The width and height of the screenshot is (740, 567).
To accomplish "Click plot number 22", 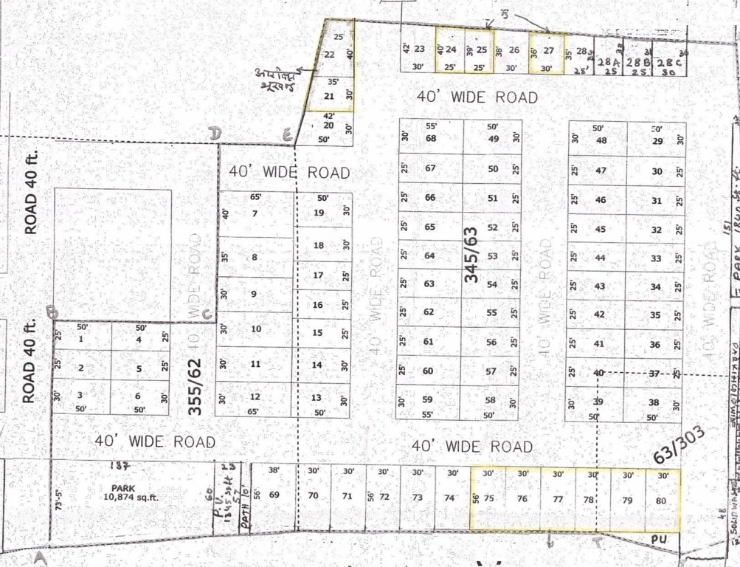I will click(x=330, y=55).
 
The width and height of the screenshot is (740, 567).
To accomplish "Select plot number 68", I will click(x=431, y=139).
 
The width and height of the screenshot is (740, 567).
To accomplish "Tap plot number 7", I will click(x=255, y=214).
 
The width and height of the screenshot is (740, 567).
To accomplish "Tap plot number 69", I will click(x=274, y=494).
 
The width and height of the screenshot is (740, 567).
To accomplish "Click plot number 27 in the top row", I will click(x=548, y=50).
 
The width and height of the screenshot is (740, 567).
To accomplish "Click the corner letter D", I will click(x=215, y=133).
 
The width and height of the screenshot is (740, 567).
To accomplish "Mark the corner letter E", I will click(x=287, y=134).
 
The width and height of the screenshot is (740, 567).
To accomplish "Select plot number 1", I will click(x=80, y=340).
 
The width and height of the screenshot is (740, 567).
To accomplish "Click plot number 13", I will click(x=316, y=398).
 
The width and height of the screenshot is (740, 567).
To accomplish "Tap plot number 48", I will click(x=601, y=141).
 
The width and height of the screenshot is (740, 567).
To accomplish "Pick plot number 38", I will click(x=653, y=402).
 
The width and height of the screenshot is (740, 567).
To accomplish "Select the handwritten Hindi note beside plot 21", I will click(x=275, y=80).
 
